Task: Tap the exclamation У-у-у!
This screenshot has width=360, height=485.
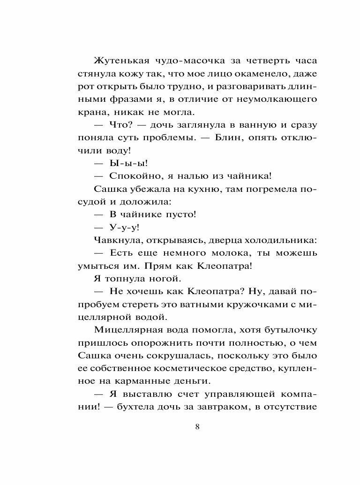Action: [124, 227]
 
